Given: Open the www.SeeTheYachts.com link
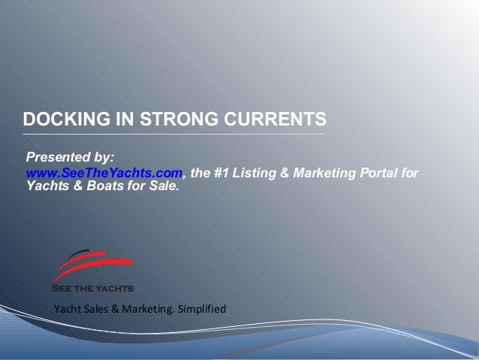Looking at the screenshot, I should click(x=104, y=174).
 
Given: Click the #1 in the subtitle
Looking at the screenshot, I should click(x=223, y=174).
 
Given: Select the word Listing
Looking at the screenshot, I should click(x=258, y=174).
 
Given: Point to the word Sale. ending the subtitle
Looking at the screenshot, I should click(x=165, y=187).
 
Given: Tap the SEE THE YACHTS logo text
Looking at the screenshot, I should click(x=92, y=288).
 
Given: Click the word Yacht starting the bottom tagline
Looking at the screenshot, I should click(x=65, y=310).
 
